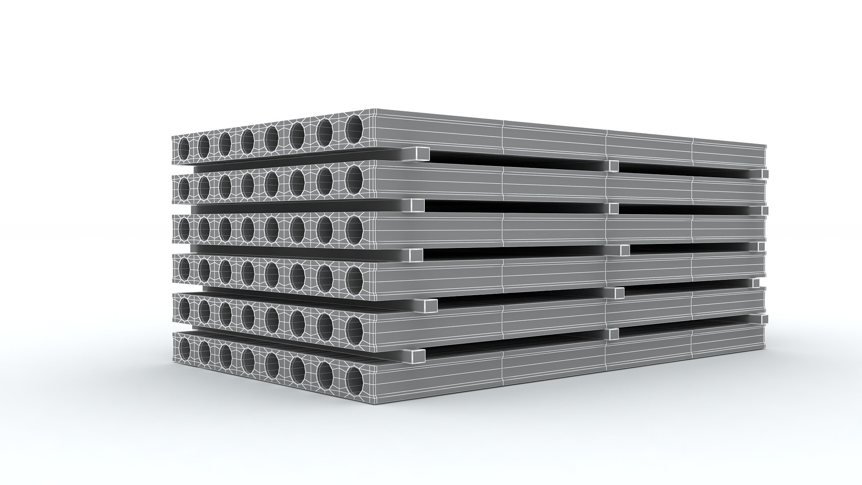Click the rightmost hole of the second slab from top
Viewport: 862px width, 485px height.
[354, 176]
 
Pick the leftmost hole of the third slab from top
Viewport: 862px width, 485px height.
[185, 228]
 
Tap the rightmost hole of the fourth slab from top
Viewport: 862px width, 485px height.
[354, 276]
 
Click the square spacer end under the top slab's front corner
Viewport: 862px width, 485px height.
[422, 155]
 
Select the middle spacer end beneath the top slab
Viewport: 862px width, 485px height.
[613, 167]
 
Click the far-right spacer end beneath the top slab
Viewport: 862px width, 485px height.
[765, 174]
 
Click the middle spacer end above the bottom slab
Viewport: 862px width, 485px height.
[613, 333]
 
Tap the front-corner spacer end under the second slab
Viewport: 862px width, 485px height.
[418, 206]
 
